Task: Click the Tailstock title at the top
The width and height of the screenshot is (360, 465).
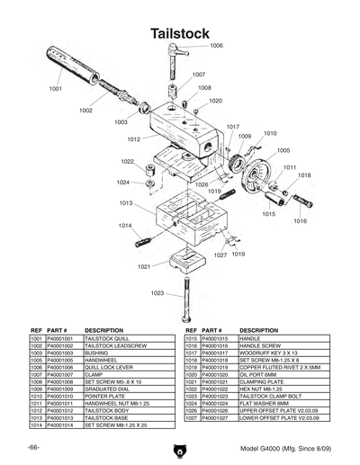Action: (x=180, y=32)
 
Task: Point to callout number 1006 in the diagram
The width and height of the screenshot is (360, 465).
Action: (x=216, y=45)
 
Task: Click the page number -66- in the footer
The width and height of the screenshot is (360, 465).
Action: (x=33, y=447)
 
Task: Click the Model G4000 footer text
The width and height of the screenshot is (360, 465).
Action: (x=286, y=447)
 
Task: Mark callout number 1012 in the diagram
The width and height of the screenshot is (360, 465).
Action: (x=133, y=139)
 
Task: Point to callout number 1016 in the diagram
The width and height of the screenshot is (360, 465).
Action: (x=300, y=220)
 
